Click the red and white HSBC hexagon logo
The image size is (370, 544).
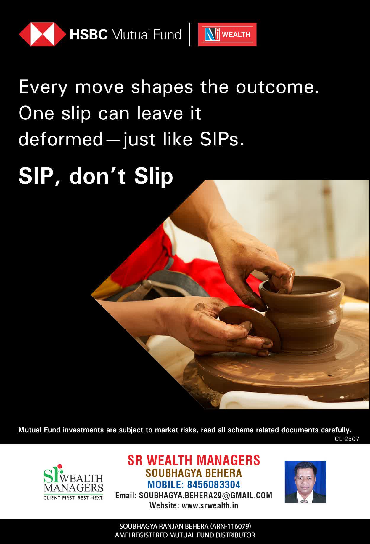coord(43,34)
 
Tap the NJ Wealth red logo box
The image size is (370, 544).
coord(227,34)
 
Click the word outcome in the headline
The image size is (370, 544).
coord(278,87)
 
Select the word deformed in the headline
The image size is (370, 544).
coord(61,139)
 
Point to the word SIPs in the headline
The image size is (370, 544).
coord(222,140)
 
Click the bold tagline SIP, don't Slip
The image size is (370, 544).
coord(96,176)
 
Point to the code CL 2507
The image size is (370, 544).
coord(347,439)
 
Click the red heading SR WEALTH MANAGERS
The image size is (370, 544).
coord(194,460)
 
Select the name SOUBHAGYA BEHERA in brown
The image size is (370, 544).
coord(194,473)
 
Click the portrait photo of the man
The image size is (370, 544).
coord(305,481)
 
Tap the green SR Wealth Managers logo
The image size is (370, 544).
coord(73,481)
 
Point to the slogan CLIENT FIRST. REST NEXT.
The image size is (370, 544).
coord(73,498)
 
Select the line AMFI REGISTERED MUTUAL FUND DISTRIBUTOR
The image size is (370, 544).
coord(185,535)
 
